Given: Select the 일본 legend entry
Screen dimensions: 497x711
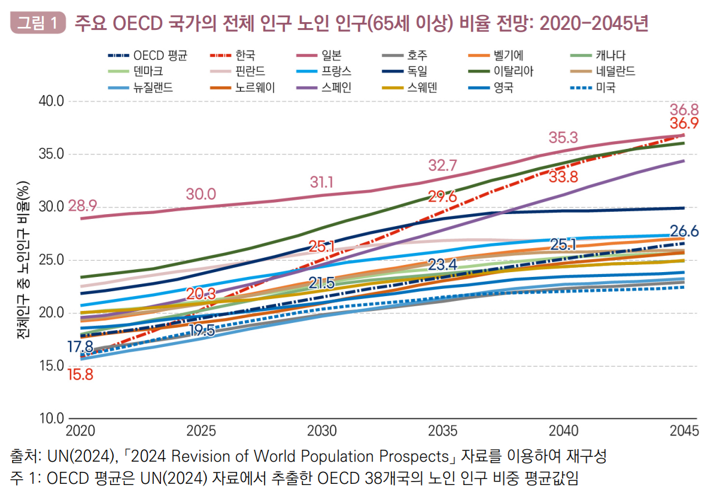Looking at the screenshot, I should [x=332, y=56].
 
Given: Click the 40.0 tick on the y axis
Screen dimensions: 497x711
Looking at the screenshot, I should [x=52, y=101].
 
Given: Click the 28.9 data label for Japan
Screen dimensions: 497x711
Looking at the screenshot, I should [x=83, y=206].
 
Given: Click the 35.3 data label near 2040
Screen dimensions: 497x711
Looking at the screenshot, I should [x=563, y=138].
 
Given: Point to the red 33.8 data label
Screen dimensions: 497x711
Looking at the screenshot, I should [x=563, y=177].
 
